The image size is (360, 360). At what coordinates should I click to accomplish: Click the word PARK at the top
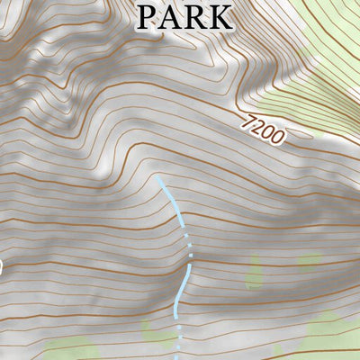pos(184,16)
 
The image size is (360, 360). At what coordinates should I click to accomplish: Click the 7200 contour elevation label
pos(263,130)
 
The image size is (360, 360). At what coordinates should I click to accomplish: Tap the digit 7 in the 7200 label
pos(247,121)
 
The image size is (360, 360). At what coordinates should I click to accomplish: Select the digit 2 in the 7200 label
pos(257,127)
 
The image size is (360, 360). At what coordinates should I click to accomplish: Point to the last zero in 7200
pos(278,139)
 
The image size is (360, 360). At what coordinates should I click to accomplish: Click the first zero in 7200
pos(267,132)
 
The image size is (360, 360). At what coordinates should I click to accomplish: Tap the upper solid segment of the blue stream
pos(174,204)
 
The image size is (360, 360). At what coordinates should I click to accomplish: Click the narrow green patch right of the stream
pos(255,271)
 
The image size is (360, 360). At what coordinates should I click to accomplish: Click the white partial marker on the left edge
pos(1,266)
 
